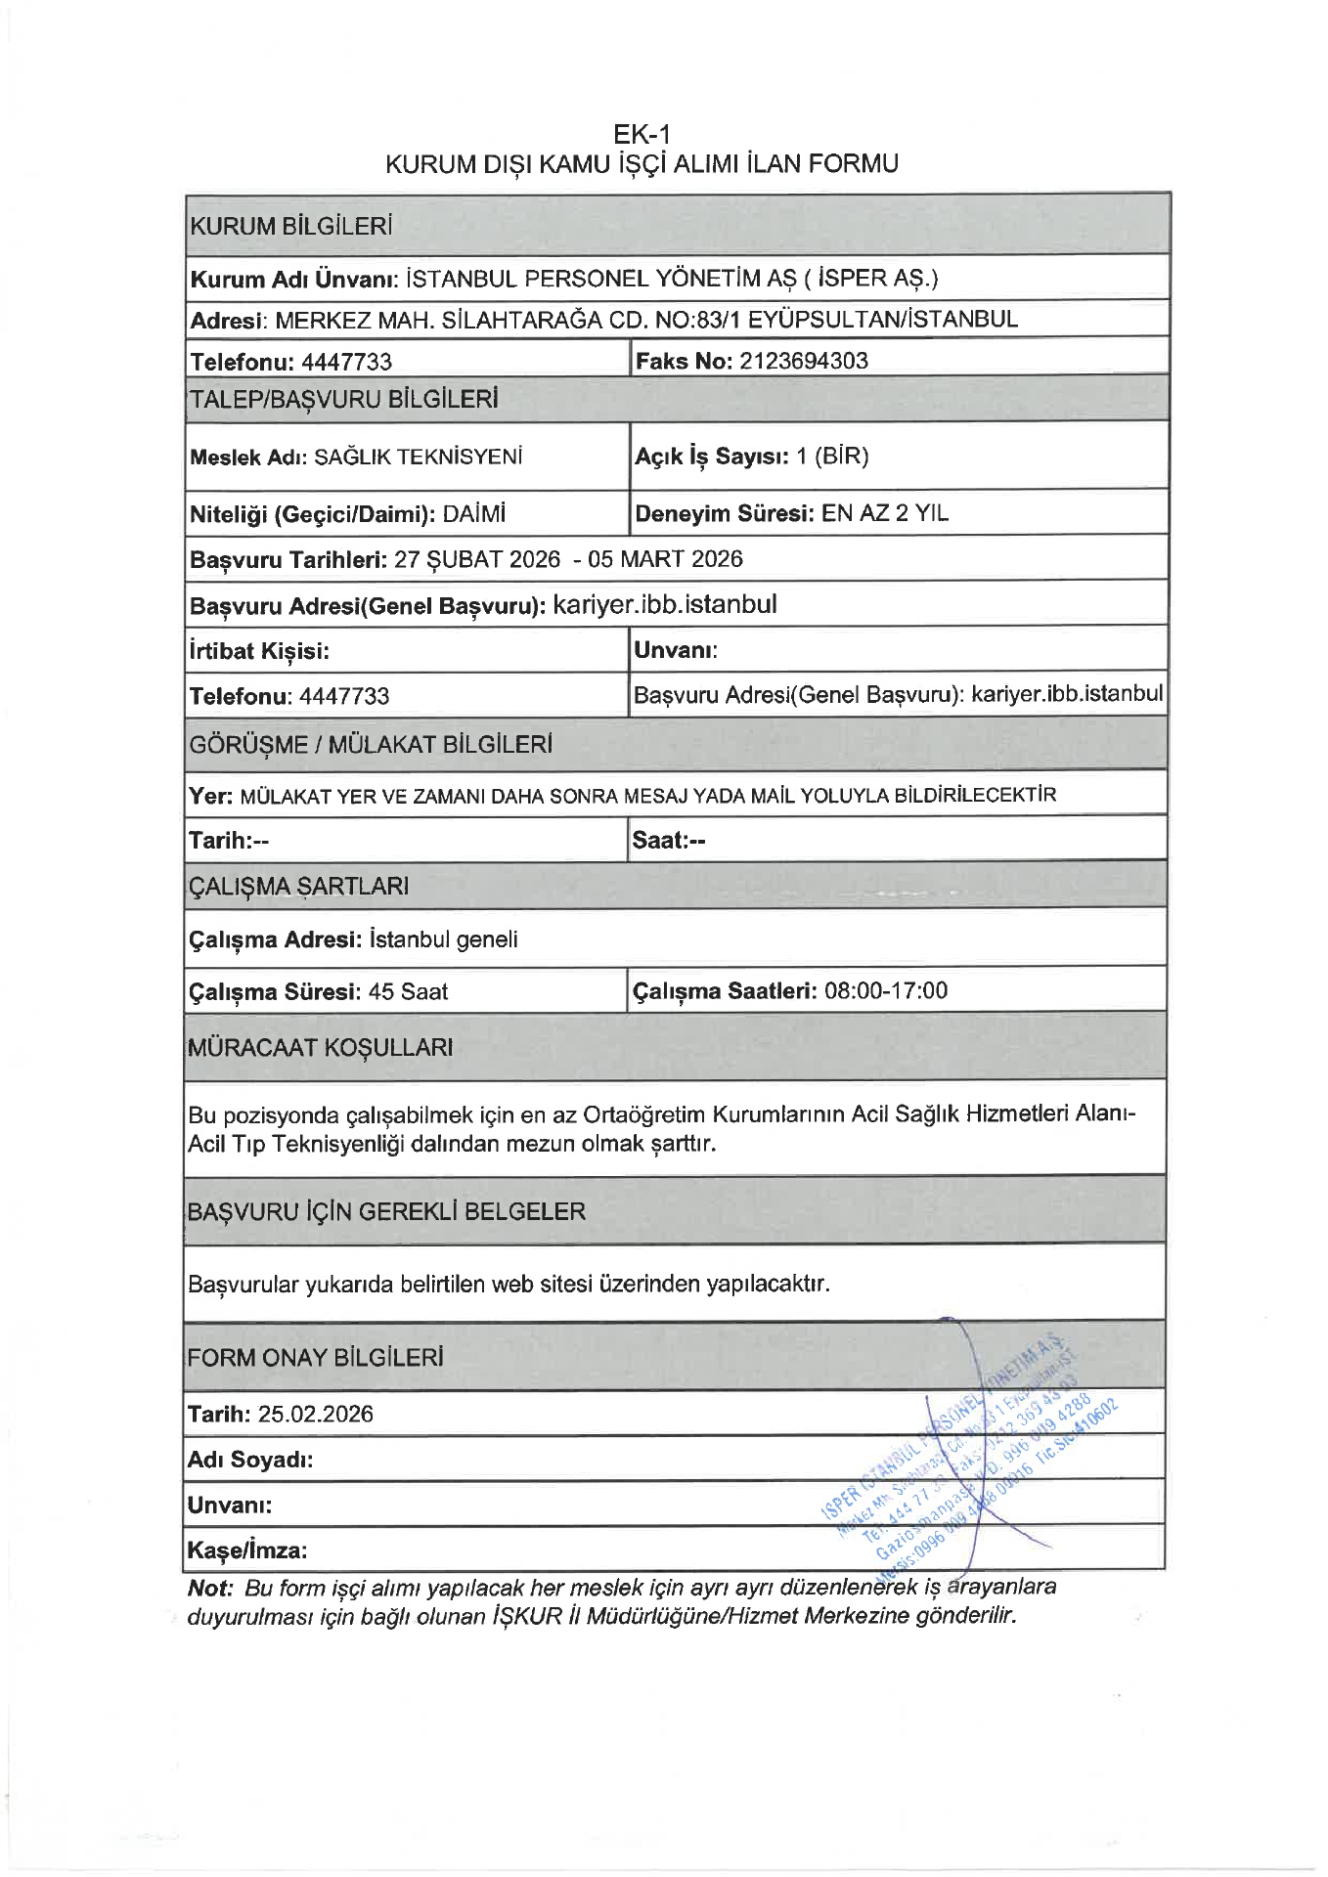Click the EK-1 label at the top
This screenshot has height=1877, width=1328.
642,134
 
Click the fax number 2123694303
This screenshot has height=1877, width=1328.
803,361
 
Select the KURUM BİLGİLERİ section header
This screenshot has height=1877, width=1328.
291,227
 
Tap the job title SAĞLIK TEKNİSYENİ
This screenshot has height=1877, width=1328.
418,457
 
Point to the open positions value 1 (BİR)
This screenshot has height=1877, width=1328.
832,456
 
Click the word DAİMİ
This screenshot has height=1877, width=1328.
474,513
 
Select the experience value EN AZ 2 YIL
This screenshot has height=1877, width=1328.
885,513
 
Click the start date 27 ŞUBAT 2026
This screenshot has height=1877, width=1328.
477,559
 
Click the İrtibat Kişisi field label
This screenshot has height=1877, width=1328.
259,651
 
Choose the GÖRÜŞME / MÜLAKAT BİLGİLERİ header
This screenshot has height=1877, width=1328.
371,745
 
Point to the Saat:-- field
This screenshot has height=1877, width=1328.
669,840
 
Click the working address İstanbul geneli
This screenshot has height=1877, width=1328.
444,939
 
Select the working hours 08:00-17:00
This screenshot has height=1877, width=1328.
886,990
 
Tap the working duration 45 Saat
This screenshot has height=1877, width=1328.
408,991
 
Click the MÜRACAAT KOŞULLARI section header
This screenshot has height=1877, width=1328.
320,1048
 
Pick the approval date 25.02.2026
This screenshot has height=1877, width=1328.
315,1414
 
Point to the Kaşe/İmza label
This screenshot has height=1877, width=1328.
247,1550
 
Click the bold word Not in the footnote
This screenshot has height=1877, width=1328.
208,1588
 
